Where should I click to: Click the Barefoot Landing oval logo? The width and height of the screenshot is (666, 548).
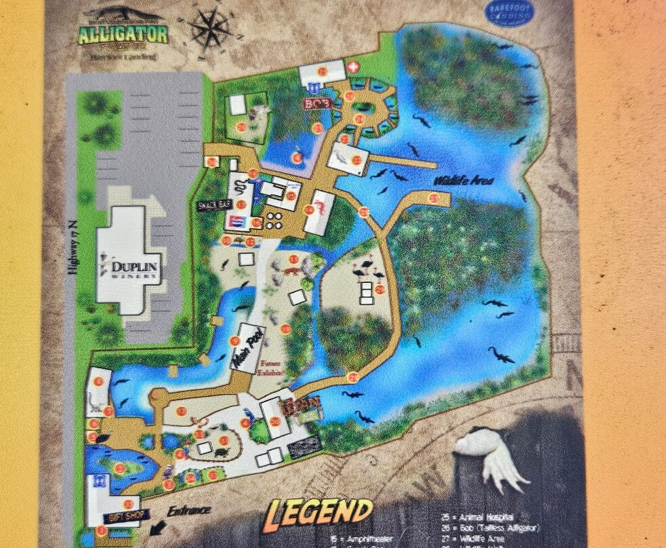point(510,14)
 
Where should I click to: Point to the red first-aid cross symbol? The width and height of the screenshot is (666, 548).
point(353,68)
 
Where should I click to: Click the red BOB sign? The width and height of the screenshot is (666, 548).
point(316,104)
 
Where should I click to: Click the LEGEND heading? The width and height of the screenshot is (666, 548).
point(318,513)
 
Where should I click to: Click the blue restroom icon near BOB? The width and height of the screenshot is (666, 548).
point(313,88)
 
